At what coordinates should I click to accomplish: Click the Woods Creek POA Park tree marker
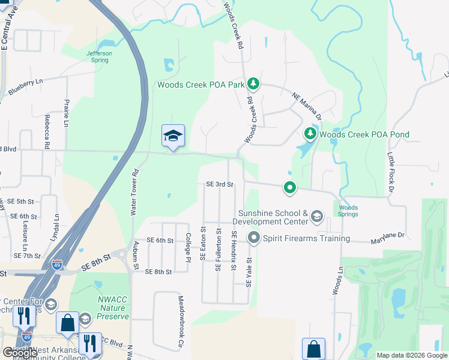253,84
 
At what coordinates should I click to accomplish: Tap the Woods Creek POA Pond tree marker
310,133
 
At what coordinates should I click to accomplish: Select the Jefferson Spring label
99,56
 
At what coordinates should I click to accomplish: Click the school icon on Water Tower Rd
173,137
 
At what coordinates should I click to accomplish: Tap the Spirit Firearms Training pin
253,238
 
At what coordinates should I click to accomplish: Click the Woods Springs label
348,211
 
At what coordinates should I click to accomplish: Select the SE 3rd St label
219,184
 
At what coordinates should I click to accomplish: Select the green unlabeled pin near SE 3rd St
290,188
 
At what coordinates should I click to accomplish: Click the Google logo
20,353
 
